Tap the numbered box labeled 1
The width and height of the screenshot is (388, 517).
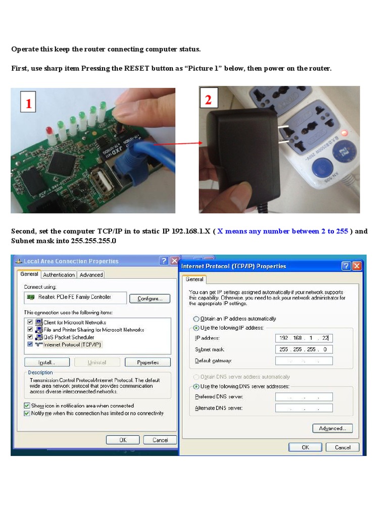pyautogui.click(x=28, y=104)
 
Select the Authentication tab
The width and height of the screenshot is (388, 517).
pyautogui.click(x=59, y=275)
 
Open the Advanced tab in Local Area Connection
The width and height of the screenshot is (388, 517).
pyautogui.click(x=91, y=275)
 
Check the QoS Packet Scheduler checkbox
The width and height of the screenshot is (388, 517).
pyautogui.click(x=30, y=337)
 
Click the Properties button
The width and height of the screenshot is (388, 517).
pyautogui.click(x=148, y=363)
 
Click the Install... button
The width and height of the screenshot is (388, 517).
pyautogui.click(x=46, y=363)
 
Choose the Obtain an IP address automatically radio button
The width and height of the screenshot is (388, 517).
pyautogui.click(x=197, y=319)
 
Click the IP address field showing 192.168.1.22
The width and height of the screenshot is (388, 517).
pyautogui.click(x=304, y=338)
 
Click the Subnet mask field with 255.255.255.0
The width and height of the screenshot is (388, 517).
pyautogui.click(x=304, y=349)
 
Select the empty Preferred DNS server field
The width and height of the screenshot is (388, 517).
pyautogui.click(x=304, y=397)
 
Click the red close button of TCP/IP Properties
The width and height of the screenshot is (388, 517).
pyautogui.click(x=357, y=266)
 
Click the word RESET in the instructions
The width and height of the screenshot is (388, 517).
pyautogui.click(x=136, y=68)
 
